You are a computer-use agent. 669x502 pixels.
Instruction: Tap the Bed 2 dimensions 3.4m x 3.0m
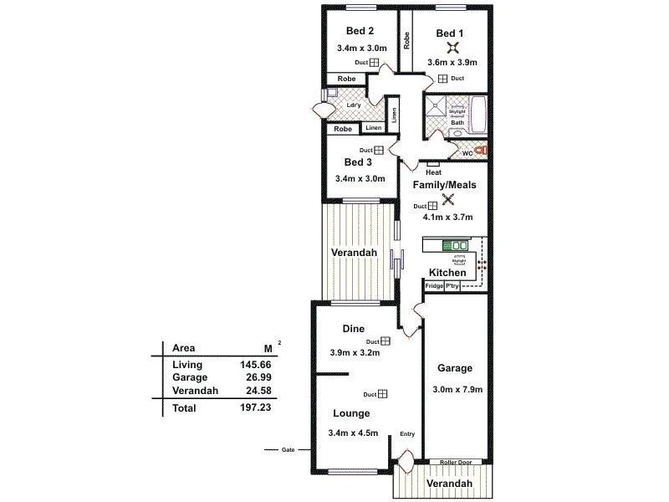[361, 49]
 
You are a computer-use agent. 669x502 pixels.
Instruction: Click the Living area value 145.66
[255, 366]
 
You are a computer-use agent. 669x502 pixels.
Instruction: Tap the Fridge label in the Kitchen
[434, 286]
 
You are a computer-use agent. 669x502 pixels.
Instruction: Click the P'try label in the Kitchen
[452, 286]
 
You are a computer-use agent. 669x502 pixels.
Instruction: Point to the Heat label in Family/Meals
[433, 172]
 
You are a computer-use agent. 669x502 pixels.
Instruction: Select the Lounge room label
[351, 413]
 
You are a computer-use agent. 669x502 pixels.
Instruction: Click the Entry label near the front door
[407, 433]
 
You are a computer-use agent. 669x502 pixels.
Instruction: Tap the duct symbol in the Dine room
[386, 341]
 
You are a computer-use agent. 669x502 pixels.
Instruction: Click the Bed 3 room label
[358, 162]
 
